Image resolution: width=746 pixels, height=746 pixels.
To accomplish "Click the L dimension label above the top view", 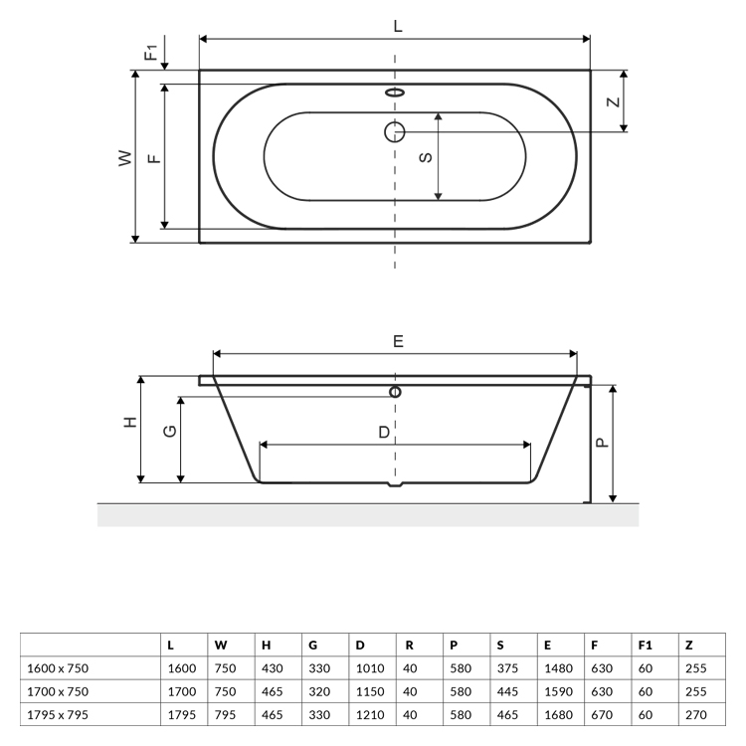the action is [x=398, y=26].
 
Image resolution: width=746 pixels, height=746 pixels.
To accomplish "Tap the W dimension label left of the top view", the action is [x=125, y=158].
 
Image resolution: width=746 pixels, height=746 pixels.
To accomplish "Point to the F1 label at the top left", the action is [x=151, y=53].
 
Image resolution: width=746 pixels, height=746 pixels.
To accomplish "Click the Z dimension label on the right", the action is [x=614, y=101].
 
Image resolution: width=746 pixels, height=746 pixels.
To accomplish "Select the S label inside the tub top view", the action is [x=426, y=157].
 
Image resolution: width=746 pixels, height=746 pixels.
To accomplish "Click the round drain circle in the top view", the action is [x=395, y=131].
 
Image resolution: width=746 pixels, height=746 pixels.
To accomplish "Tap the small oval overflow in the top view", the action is [x=395, y=92].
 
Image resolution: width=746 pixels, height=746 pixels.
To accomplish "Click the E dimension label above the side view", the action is [x=398, y=341].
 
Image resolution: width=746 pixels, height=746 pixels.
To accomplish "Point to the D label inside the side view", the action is [x=384, y=432].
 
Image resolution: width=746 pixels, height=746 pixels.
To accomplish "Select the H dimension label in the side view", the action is [x=130, y=422].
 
